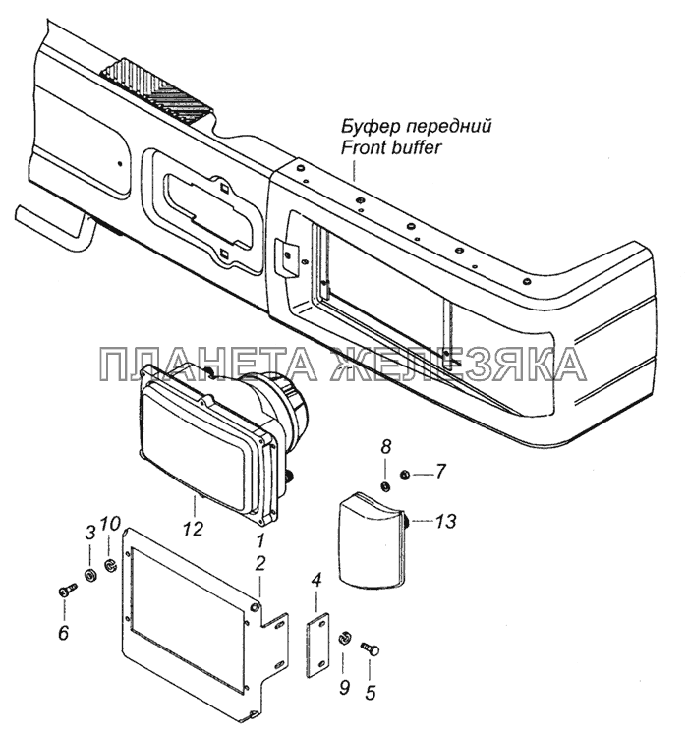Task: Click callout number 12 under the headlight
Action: [194, 529]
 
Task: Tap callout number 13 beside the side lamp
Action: [445, 521]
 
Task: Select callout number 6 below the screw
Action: [89, 532]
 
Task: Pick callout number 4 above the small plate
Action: [316, 581]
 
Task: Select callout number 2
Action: [260, 563]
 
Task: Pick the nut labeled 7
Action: [404, 476]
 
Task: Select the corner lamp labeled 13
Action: [373, 540]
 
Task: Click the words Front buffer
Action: [391, 147]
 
